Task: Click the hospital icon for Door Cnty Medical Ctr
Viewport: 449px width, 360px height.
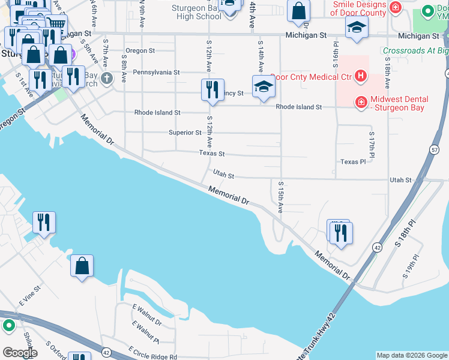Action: tap(360, 76)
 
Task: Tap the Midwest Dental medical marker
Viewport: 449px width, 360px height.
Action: tap(361, 103)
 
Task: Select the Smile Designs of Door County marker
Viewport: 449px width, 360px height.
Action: tap(395, 8)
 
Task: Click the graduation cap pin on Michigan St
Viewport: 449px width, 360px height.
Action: tap(357, 28)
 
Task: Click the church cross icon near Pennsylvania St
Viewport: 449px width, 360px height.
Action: tap(107, 78)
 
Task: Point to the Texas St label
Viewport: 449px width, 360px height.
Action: tap(212, 154)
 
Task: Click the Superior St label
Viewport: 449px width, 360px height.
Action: tap(185, 133)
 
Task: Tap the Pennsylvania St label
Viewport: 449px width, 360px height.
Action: tap(156, 73)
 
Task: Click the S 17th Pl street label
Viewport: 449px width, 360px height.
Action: tap(372, 146)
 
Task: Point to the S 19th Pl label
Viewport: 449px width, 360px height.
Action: tap(410, 263)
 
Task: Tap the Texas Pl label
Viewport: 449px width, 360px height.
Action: tap(353, 162)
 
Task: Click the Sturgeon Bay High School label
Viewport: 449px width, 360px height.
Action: tap(196, 12)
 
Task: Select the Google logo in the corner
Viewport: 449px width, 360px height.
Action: tap(20, 352)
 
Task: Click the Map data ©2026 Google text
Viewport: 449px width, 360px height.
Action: tap(411, 355)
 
